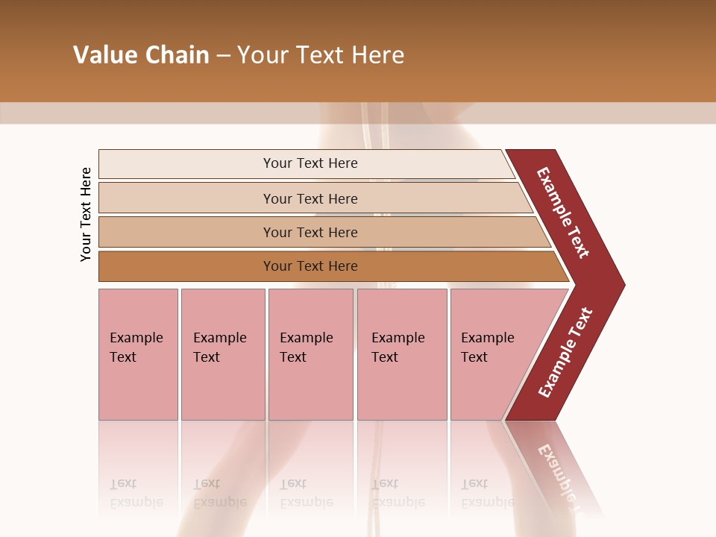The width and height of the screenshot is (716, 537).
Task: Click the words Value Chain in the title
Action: [141, 55]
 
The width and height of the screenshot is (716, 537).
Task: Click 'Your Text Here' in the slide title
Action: [321, 55]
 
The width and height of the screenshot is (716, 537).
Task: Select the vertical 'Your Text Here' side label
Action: [87, 214]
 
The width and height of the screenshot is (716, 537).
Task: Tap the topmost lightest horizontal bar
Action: [186, 164]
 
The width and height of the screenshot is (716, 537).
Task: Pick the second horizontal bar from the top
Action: [186, 198]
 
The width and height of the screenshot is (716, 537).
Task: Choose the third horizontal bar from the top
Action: [186, 232]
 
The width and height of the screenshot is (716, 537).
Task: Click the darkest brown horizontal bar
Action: [186, 266]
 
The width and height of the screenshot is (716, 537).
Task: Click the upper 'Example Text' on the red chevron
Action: [563, 213]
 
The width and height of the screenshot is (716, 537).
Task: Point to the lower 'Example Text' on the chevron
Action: [565, 353]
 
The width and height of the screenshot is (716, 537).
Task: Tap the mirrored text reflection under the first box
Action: [136, 493]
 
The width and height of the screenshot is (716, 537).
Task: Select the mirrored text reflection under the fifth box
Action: [488, 493]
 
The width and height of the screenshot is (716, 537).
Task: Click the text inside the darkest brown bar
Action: [310, 266]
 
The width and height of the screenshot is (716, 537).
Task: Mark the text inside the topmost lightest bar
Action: [310, 163]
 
